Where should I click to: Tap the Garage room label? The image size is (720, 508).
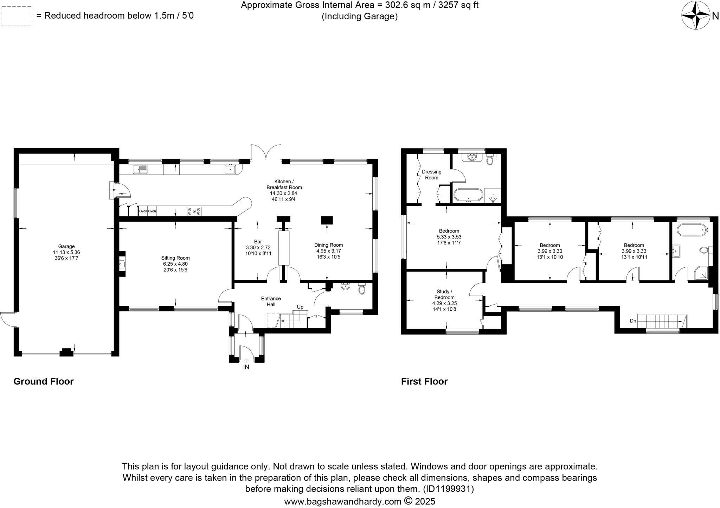pyautogui.click(x=66, y=246)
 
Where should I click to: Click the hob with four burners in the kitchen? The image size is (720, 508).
pyautogui.click(x=194, y=211)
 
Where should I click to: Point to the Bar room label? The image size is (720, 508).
pyautogui.click(x=258, y=242)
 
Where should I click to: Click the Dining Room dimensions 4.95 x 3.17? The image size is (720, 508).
pyautogui.click(x=328, y=251)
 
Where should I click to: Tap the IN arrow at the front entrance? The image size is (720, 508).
pyautogui.click(x=246, y=361)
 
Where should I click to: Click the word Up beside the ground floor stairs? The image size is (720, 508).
pyautogui.click(x=300, y=307)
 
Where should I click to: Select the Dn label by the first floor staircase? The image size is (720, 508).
pyautogui.click(x=633, y=321)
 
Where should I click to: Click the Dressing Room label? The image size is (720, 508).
pyautogui.click(x=431, y=174)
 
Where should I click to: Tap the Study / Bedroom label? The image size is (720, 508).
pyautogui.click(x=444, y=294)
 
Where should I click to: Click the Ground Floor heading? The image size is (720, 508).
pyautogui.click(x=44, y=381)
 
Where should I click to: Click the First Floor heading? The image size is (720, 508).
pyautogui.click(x=424, y=381)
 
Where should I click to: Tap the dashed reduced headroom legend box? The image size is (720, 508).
pyautogui.click(x=16, y=16)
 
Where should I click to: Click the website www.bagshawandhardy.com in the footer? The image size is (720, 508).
pyautogui.click(x=342, y=501)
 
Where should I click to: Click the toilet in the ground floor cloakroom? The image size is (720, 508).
pyautogui.click(x=362, y=289)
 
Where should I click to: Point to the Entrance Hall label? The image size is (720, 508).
pyautogui.click(x=271, y=301)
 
